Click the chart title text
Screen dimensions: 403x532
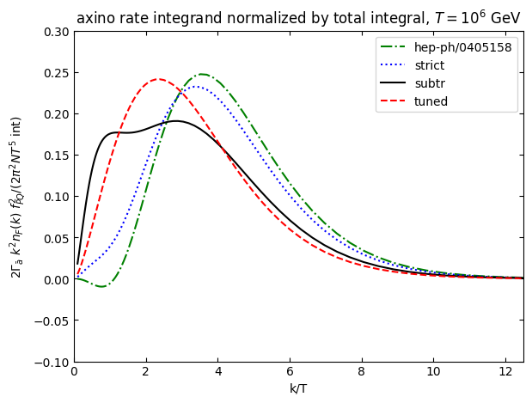(298, 18)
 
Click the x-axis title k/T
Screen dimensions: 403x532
(298, 389)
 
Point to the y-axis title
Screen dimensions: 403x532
(16, 197)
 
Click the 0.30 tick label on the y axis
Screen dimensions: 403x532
(56, 32)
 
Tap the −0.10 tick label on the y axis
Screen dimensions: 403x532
(53, 363)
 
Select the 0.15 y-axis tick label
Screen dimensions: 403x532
(56, 156)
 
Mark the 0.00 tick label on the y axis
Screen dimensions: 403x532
(56, 279)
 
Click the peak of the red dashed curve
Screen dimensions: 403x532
(158, 79)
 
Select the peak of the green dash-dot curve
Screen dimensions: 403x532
(202, 75)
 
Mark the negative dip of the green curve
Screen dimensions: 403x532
(101, 286)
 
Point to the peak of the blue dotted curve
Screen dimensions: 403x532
(195, 86)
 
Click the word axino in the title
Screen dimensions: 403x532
(94, 19)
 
